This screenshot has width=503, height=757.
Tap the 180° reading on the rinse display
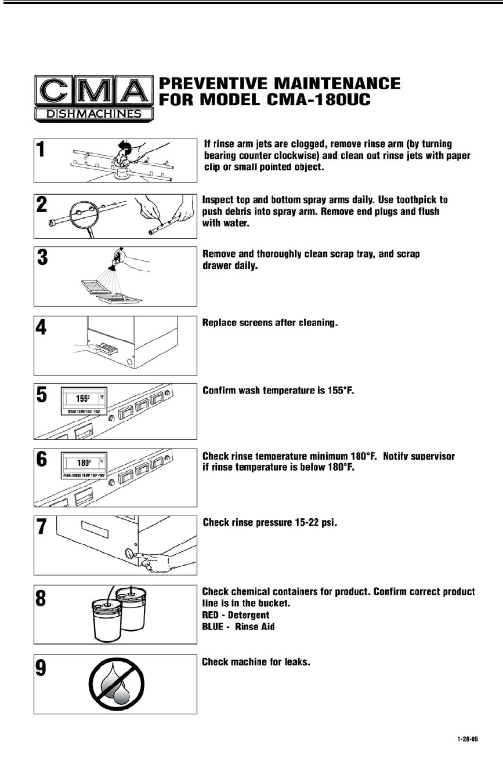pyautogui.click(x=84, y=463)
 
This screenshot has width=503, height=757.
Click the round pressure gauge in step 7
pyautogui.click(x=128, y=552)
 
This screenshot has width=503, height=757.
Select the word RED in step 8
pyautogui.click(x=211, y=614)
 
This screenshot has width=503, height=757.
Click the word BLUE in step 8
pyautogui.click(x=212, y=626)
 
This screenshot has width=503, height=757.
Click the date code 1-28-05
pyautogui.click(x=467, y=740)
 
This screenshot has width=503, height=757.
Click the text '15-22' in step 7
pyautogui.click(x=301, y=523)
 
